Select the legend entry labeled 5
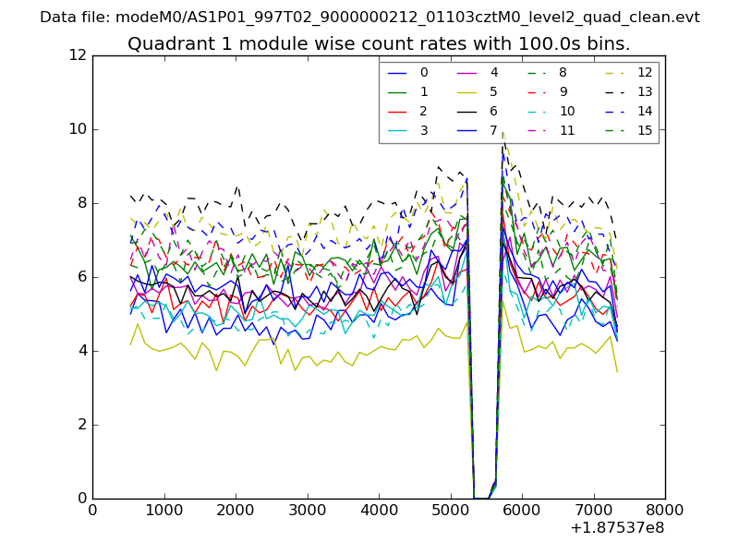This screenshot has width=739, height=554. (x=493, y=91)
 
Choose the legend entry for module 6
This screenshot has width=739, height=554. (x=493, y=111)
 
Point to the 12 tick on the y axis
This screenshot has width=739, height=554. (x=78, y=55)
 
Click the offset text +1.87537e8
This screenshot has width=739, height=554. (x=616, y=528)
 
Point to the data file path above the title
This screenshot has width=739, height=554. (x=369, y=17)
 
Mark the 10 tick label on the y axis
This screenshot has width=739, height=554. (x=78, y=129)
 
